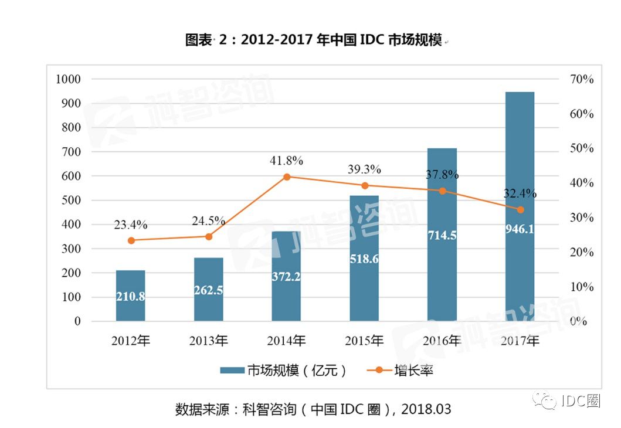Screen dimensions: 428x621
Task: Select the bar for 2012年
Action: (x=130, y=295)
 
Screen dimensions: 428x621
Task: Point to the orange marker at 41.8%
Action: (x=287, y=176)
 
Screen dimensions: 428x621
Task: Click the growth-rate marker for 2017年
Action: (x=520, y=209)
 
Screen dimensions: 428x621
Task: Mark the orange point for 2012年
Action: (x=131, y=240)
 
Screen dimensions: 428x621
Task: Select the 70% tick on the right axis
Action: (x=582, y=79)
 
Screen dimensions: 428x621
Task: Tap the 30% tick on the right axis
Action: (x=582, y=218)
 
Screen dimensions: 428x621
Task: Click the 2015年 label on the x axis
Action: (x=364, y=341)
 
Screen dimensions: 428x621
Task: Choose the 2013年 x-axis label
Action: (x=209, y=341)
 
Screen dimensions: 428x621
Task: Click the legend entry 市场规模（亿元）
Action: (x=284, y=371)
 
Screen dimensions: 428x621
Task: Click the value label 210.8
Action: (x=130, y=297)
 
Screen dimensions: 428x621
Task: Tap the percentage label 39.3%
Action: (x=364, y=169)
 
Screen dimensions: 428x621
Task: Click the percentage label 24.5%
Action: (x=209, y=221)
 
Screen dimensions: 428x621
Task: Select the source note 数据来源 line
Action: (x=314, y=409)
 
